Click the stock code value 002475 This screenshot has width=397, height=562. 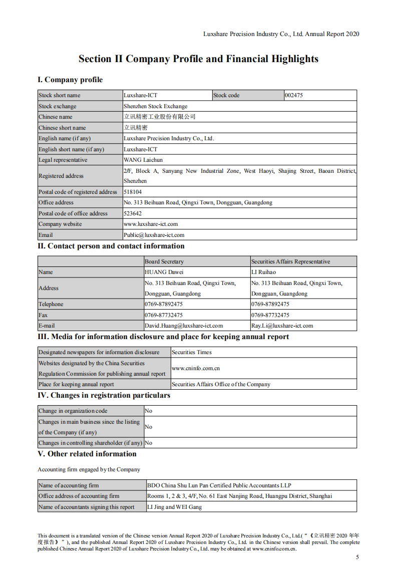click(294, 95)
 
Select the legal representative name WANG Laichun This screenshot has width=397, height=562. click(143, 160)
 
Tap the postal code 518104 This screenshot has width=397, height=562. click(133, 192)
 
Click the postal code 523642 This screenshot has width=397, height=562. click(133, 213)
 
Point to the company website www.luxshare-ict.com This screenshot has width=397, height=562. click(151, 224)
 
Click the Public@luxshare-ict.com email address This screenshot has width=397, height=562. click(154, 235)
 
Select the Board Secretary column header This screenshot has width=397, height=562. click(164, 261)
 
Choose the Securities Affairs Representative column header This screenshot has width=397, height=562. click(291, 261)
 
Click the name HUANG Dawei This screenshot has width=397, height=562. click(164, 272)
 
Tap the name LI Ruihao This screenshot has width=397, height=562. click(263, 272)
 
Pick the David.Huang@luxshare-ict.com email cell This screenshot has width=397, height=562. click(184, 326)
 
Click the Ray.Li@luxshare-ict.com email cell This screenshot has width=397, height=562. click(282, 326)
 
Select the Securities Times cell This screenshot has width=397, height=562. click(192, 353)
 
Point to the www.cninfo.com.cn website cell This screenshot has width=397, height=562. click(196, 368)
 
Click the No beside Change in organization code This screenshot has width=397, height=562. click(149, 411)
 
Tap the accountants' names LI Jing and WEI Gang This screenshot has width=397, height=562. click(175, 507)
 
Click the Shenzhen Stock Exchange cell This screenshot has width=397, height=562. click(156, 106)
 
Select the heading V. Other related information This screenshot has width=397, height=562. click(87, 454)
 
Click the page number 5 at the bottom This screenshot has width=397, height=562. click(357, 557)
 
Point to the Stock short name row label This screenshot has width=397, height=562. click(60, 95)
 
